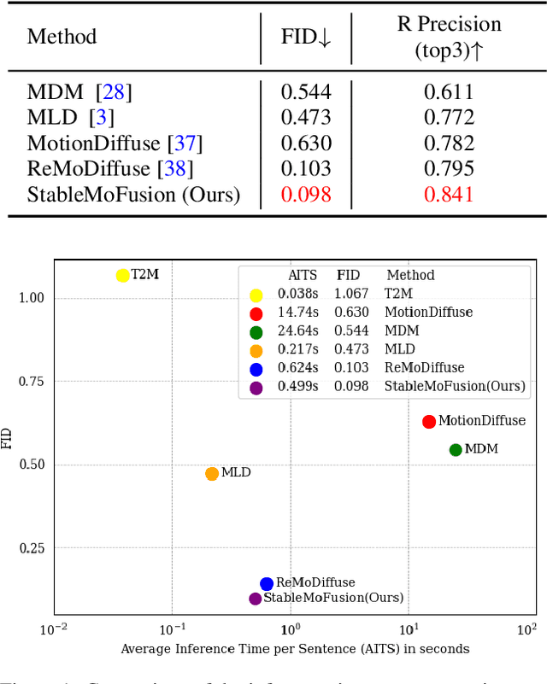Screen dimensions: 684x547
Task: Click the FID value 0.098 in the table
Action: [306, 195]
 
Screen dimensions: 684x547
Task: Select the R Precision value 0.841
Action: [449, 195]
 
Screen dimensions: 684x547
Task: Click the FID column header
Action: [306, 37]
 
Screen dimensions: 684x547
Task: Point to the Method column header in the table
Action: [62, 37]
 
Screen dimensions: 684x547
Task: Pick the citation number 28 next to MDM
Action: [114, 92]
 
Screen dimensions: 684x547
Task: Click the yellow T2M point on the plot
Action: [123, 275]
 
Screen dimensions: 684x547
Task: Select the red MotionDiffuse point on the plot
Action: [429, 422]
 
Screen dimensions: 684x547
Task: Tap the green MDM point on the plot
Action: [456, 450]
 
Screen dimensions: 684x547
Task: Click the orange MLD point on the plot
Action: [212, 474]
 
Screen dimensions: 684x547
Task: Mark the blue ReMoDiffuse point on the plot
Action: [267, 584]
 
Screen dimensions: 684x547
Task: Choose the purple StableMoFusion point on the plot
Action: [255, 599]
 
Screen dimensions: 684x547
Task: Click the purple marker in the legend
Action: [256, 387]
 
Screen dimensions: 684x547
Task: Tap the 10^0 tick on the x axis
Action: [291, 630]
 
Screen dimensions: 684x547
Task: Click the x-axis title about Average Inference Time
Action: [295, 649]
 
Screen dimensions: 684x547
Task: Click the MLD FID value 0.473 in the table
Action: [306, 118]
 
